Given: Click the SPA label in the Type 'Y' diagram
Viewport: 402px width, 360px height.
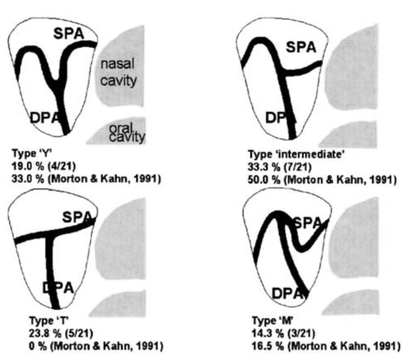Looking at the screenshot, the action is pos(69,34).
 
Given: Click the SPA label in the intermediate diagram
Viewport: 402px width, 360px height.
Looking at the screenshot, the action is pos(301,47).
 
